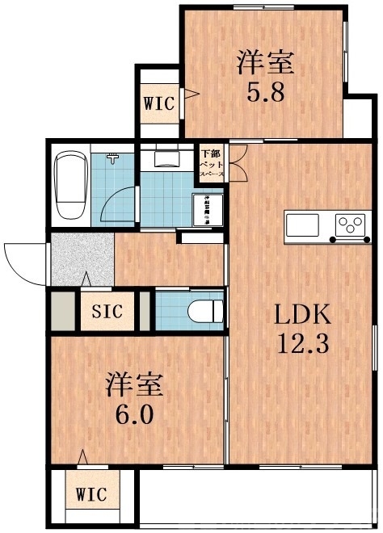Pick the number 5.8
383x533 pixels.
pos(265,91)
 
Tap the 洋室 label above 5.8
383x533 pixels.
pos(265,61)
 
